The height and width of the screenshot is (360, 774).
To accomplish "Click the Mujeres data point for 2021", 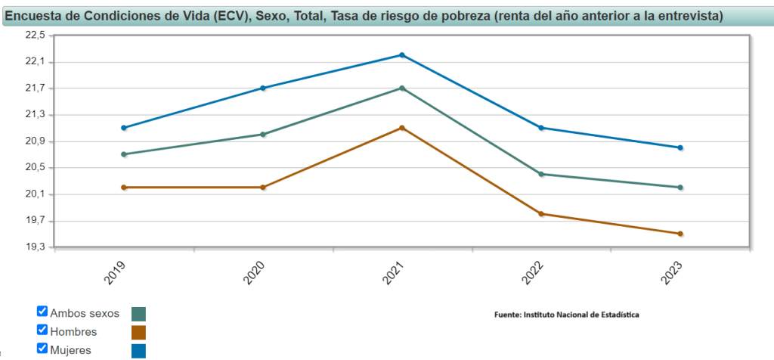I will [x=402, y=55].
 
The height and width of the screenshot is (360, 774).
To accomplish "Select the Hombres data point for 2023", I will [x=680, y=234].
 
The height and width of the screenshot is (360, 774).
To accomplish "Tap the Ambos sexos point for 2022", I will [x=541, y=174].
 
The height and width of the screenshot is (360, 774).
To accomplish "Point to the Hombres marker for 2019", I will [x=124, y=187].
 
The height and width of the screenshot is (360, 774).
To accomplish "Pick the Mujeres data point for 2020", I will [x=263, y=88].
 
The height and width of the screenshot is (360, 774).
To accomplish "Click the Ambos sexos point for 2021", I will [x=402, y=88].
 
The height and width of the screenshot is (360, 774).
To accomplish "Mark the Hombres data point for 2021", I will [x=402, y=128].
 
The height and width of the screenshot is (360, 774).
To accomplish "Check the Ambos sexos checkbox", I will [x=42, y=311].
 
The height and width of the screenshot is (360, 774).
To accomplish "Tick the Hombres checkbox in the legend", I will [x=42, y=330].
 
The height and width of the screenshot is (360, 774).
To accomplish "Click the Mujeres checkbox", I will [x=42, y=348].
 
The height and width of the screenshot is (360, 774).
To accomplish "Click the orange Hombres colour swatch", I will [x=138, y=332].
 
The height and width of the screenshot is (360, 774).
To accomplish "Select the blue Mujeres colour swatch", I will [x=138, y=350].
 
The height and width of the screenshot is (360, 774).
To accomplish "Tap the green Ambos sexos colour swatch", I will [x=138, y=314].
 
